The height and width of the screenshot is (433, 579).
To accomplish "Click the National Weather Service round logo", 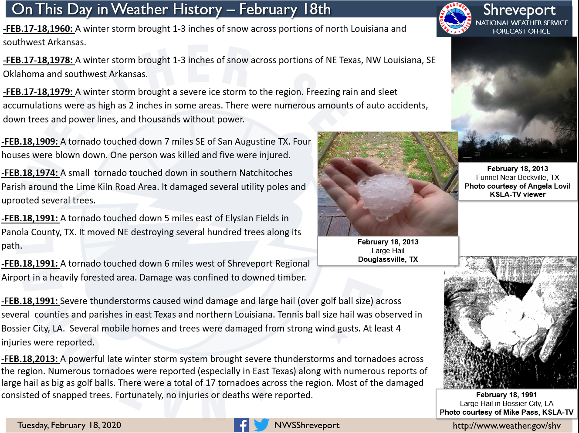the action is [455, 18].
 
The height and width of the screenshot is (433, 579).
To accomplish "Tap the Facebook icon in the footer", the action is [241, 425].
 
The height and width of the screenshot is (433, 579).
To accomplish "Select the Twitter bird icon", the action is [261, 425].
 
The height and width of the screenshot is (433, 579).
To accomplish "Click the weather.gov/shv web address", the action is [507, 425].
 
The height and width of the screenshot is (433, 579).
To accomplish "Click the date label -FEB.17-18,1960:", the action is [38, 29].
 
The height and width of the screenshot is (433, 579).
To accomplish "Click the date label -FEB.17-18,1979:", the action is [38, 92].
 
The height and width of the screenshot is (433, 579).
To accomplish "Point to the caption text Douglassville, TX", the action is [388, 260].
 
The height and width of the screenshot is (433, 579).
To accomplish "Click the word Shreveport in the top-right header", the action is [519, 10].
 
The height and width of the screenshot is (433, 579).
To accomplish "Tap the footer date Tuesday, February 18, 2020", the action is [69, 425].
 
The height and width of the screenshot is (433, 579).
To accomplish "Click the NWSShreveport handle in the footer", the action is [307, 425].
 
